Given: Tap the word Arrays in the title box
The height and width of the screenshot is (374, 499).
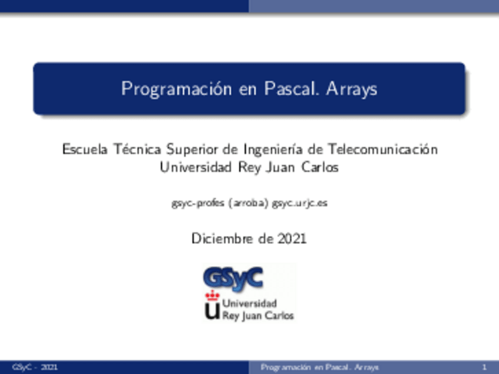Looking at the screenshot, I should (x=352, y=89).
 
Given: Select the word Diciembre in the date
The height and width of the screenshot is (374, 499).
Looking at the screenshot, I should (x=217, y=239).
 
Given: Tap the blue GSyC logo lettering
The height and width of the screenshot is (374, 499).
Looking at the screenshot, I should (x=232, y=277).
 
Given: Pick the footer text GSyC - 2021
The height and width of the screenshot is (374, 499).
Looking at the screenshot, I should (x=35, y=368).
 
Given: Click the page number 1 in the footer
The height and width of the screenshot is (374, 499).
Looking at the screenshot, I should (x=484, y=368).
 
